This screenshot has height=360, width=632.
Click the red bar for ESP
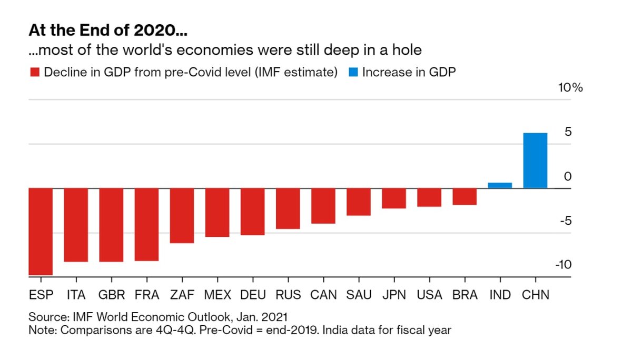(41, 232)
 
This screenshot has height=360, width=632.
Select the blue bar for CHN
(535, 161)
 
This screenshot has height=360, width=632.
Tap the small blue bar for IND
(500, 185)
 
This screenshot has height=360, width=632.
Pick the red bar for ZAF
(182, 216)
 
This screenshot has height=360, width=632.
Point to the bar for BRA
(465, 196)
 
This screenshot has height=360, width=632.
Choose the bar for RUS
(288, 208)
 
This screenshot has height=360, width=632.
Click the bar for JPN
(394, 198)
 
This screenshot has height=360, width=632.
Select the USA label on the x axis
(429, 295)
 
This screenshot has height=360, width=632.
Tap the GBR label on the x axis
(111, 295)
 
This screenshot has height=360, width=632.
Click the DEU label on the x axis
(252, 295)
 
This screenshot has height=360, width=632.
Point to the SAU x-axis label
(359, 295)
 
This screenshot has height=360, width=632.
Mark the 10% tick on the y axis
(570, 88)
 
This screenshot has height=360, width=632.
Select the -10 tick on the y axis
(563, 265)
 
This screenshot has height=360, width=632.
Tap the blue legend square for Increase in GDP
(352, 72)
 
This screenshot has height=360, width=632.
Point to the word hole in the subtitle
(407, 51)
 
